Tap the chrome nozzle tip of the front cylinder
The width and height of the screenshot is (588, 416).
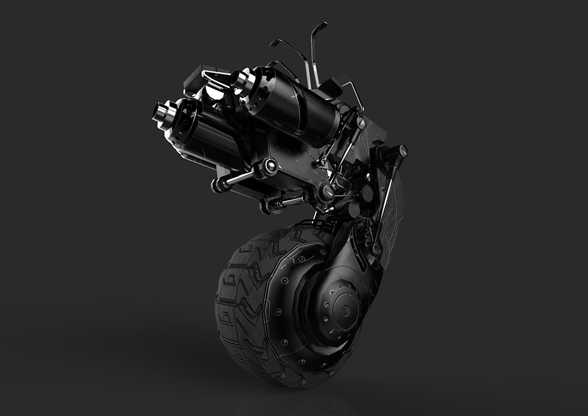tap(158, 110)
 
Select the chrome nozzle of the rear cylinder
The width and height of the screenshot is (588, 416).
tap(239, 78)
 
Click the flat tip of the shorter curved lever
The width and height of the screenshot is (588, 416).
tap(275, 42)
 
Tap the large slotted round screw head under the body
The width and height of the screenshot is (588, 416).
tap(325, 191)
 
